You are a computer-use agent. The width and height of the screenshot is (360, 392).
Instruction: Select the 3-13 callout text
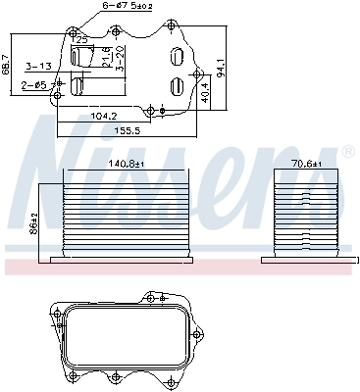[39, 68]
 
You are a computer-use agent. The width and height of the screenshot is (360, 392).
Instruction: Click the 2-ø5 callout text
[34, 86]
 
